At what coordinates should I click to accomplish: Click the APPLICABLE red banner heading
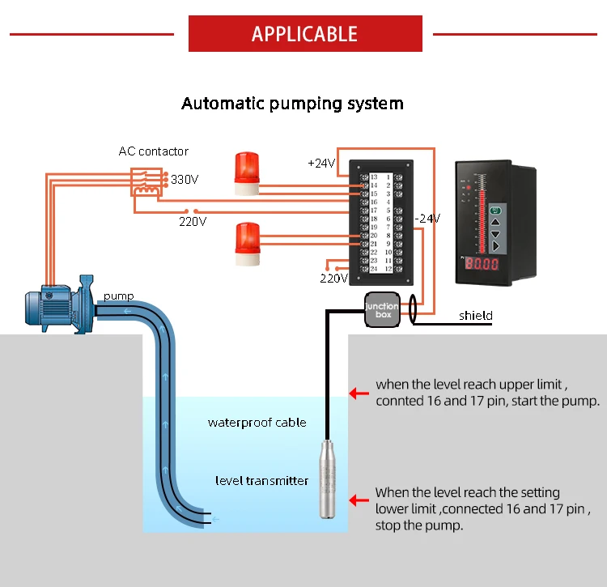[304, 34]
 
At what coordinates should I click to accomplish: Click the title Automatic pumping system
[292, 104]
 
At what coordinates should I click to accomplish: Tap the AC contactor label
[153, 151]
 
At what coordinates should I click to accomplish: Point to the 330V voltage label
[184, 180]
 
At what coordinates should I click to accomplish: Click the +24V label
[321, 163]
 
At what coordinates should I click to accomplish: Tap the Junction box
[381, 309]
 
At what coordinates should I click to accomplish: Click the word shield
[475, 316]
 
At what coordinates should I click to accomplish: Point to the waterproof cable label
[257, 422]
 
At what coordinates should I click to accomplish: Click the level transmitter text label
[261, 481]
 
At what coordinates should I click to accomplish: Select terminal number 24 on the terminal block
[373, 270]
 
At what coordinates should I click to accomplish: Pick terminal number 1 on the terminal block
[388, 177]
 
